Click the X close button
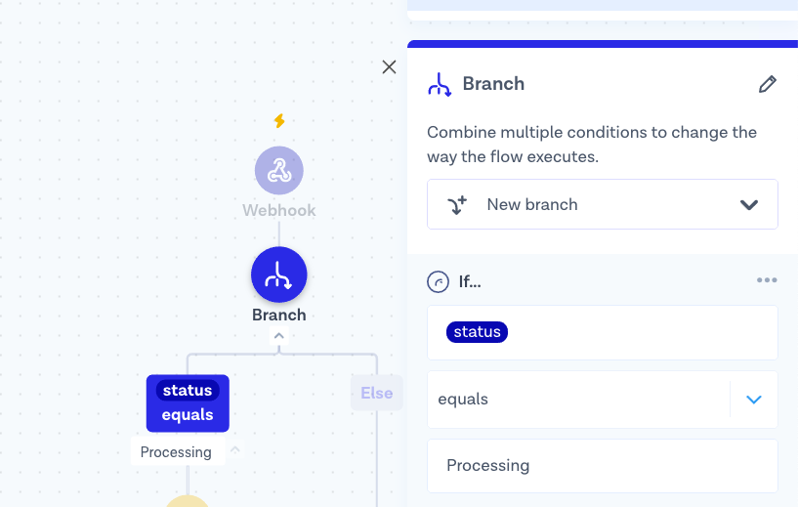[x=389, y=66]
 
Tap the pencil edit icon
[x=768, y=84]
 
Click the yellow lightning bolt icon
[x=279, y=120]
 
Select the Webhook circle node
[x=279, y=171]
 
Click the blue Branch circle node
[x=279, y=275]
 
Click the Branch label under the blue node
[x=279, y=316]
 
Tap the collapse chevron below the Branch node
[x=279, y=336]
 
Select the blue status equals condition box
[x=188, y=403]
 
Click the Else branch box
[x=377, y=393]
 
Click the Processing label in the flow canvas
[x=176, y=452]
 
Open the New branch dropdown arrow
[x=749, y=204]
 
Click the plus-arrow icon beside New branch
[x=457, y=204]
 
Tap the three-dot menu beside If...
[x=767, y=280]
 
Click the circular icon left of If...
[x=438, y=281]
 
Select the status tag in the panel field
[x=477, y=332]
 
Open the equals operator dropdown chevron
[x=754, y=400]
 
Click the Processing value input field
[x=602, y=466]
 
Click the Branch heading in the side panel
[x=493, y=84]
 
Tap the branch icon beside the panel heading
[x=440, y=84]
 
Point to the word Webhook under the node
[x=279, y=210]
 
